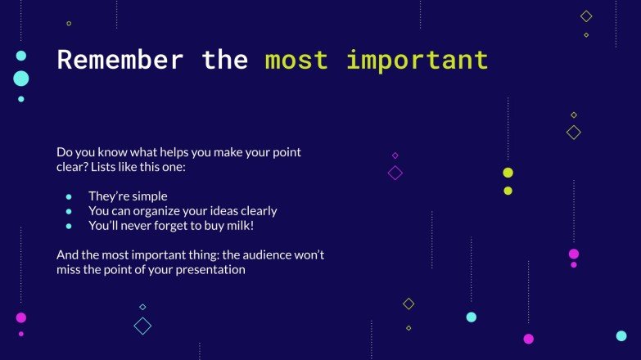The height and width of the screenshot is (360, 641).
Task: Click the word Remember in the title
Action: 120,60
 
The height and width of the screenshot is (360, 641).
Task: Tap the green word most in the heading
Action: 296,60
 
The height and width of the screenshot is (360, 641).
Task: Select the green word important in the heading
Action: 417,60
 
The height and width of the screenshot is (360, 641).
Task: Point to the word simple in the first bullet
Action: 149,196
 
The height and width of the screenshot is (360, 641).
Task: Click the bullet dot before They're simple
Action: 69,196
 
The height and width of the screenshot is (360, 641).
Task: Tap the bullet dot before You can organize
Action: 69,211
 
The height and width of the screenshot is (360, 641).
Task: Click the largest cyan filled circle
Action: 21,79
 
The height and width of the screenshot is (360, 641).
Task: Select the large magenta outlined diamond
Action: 395,173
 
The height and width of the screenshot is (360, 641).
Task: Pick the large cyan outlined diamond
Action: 142,326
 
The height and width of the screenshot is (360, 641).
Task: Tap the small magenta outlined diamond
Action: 395,155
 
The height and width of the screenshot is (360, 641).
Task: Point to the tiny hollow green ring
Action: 69,24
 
